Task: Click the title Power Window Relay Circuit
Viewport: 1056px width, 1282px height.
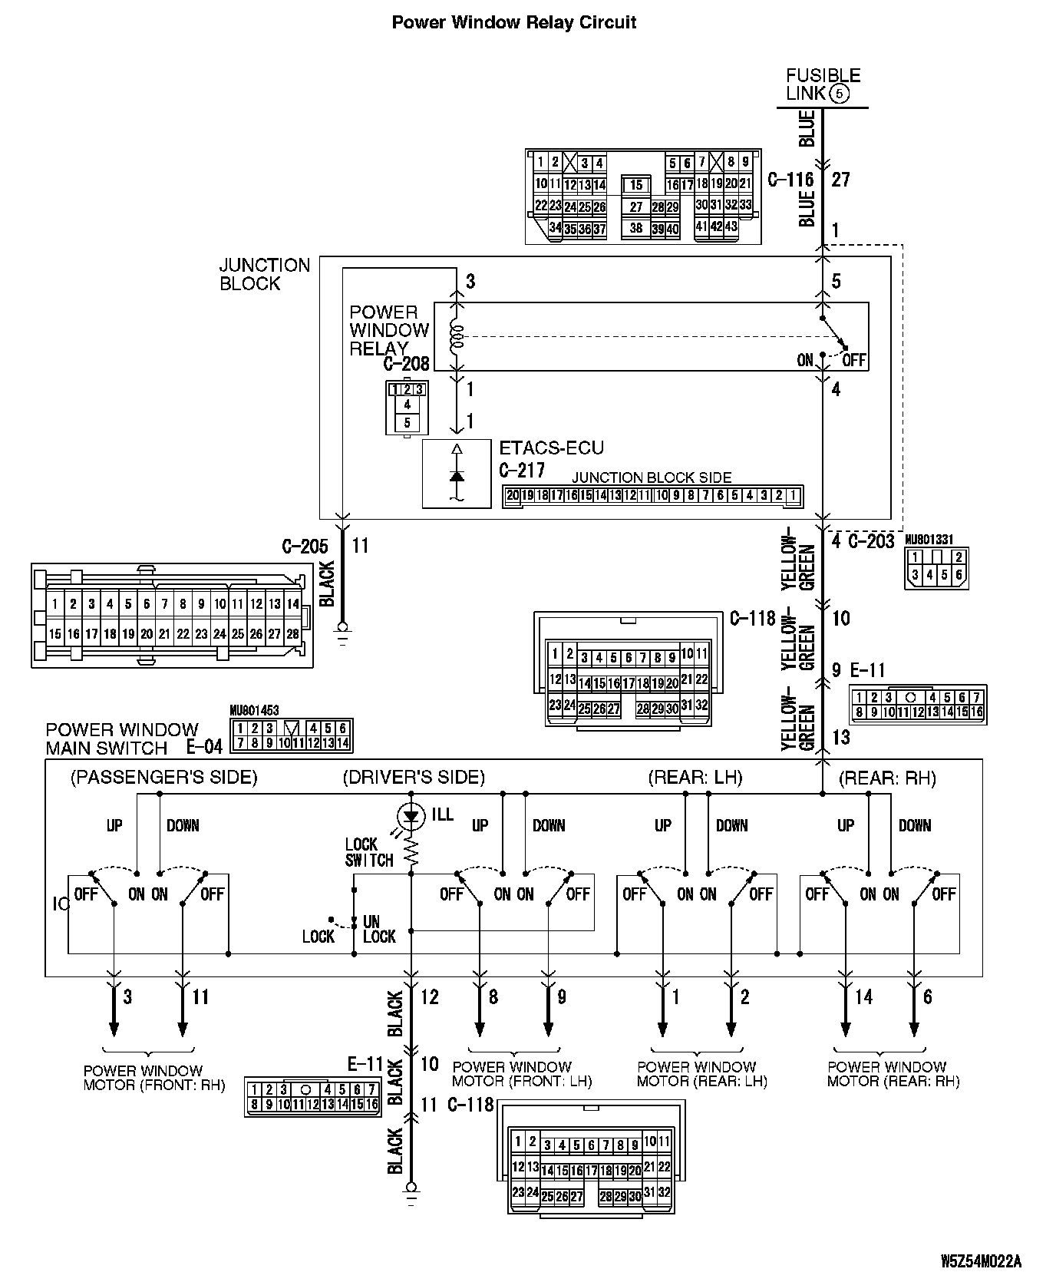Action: [513, 22]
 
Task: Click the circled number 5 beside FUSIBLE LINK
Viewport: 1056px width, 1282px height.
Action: [839, 94]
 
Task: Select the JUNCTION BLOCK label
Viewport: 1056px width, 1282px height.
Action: [264, 274]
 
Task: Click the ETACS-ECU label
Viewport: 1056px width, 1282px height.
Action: [551, 448]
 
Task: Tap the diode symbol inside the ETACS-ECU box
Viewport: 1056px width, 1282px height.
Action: [457, 474]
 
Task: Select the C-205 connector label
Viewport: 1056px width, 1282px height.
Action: [305, 546]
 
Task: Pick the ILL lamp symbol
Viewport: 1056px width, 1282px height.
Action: [412, 814]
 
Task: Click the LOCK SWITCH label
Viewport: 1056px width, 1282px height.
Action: [368, 852]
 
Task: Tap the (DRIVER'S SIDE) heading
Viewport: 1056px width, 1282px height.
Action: [414, 778]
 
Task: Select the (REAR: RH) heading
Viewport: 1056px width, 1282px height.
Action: [887, 778]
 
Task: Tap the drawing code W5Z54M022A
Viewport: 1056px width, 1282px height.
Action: [981, 1261]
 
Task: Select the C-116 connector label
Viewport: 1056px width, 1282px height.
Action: [790, 180]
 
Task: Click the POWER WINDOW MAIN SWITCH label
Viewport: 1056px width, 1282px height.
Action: [122, 738]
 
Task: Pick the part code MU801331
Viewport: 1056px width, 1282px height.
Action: [929, 540]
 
